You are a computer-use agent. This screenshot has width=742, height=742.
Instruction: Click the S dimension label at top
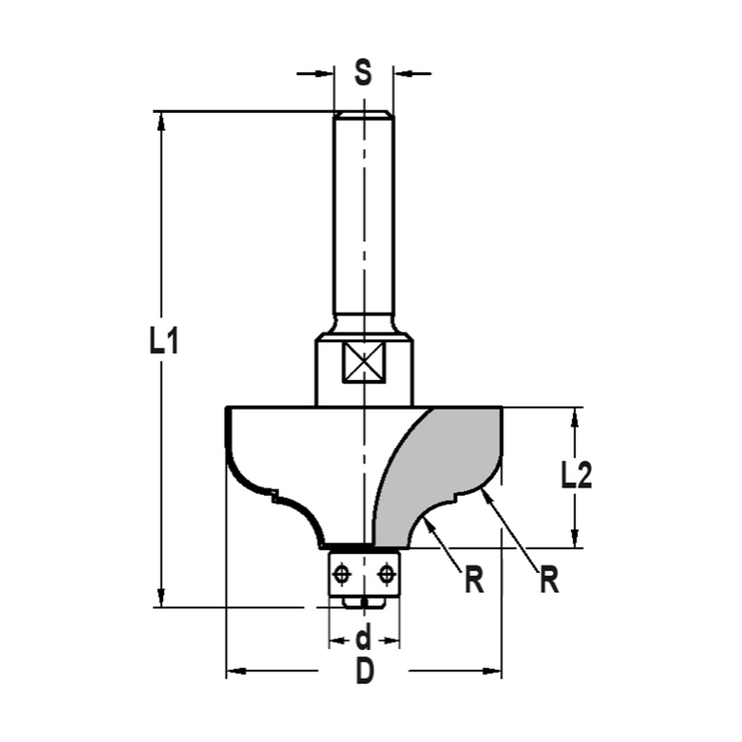click(x=363, y=73)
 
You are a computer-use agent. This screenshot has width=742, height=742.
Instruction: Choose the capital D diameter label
click(x=364, y=672)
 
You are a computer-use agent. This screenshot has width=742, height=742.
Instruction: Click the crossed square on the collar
click(x=364, y=364)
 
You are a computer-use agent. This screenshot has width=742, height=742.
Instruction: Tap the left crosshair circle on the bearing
click(x=342, y=574)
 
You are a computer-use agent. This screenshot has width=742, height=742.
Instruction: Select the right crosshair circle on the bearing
click(x=385, y=574)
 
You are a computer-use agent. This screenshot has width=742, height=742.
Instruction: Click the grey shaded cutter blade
click(x=438, y=467)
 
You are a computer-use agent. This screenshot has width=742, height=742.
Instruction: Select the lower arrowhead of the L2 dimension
click(x=574, y=538)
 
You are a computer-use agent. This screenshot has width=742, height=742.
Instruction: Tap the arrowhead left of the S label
click(x=325, y=73)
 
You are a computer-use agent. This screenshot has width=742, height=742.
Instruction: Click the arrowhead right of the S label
click(x=403, y=73)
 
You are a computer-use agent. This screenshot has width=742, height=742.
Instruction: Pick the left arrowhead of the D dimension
click(x=236, y=672)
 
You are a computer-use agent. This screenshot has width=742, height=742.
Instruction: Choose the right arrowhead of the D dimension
click(x=492, y=672)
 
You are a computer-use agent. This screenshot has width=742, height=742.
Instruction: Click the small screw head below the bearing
click(x=364, y=600)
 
